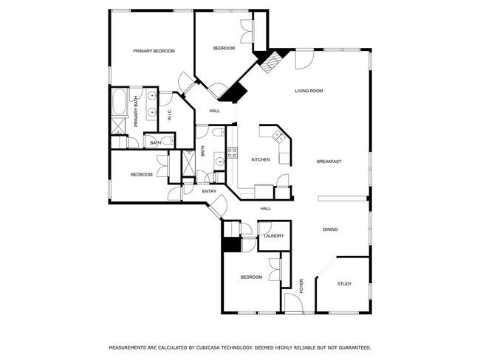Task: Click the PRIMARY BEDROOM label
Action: pos(154,51)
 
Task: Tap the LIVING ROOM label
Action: pos(309,91)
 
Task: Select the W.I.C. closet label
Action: pos(169,115)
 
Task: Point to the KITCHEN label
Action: pos(260,159)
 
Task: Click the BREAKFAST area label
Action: pos(329,162)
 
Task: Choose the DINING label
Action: pos(330,229)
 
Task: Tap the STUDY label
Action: pos(344,284)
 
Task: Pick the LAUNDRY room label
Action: pos(274,235)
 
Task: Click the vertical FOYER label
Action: pos(301,285)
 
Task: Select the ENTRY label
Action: pos(209,192)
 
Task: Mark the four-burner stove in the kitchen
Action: pos(232,153)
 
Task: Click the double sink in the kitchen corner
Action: pos(279,135)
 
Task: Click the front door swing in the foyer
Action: pos(293,302)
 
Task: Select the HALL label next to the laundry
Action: pos(265,209)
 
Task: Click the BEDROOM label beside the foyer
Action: pos(251,277)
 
